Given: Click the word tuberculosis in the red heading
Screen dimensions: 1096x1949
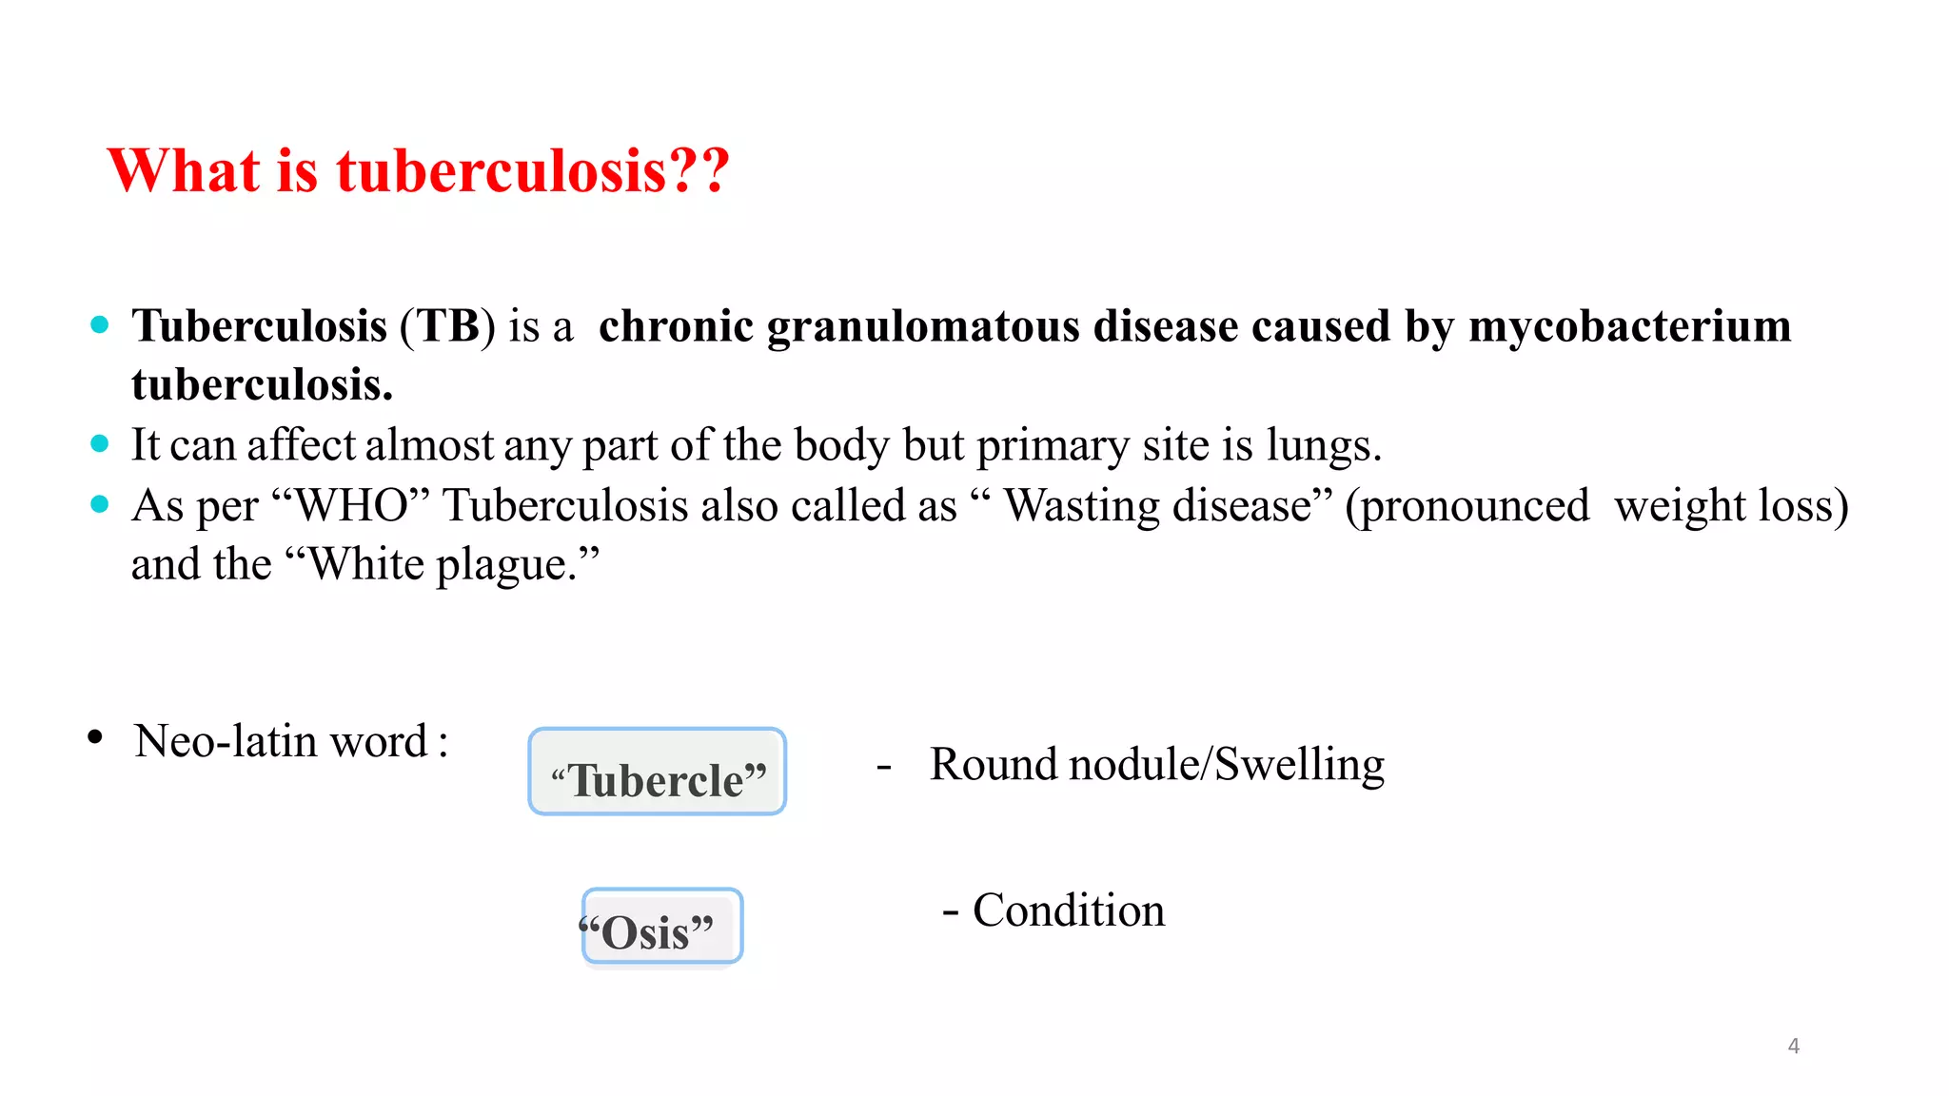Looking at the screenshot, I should coord(502,171).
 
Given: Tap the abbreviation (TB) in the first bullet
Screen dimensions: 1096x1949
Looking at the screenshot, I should coord(447,326).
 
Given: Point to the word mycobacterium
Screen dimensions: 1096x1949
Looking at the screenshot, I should coord(1629,326).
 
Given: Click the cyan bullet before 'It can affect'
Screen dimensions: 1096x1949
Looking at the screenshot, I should coord(100,444).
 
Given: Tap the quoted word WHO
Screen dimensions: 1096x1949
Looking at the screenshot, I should coord(351,505).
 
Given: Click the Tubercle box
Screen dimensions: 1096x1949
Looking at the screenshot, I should coord(658,772).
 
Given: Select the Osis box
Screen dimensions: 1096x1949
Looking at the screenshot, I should coord(661,927).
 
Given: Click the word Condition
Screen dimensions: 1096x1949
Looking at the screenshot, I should coord(1068,910).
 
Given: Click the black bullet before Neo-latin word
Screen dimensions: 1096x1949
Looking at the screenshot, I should coord(94,737).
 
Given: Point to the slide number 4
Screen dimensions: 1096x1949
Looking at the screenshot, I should coord(1793,1046).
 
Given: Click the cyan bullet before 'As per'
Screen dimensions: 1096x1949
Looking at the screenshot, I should coord(100,504).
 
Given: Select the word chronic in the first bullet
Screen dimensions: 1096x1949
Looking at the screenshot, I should coord(676,326).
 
